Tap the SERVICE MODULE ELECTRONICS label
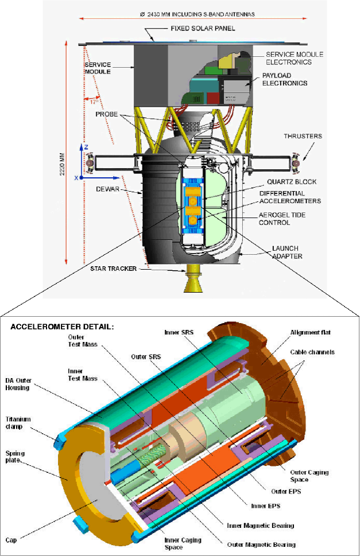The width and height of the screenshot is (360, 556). (295, 58)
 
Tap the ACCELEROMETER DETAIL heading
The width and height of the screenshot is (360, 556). (63, 326)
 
